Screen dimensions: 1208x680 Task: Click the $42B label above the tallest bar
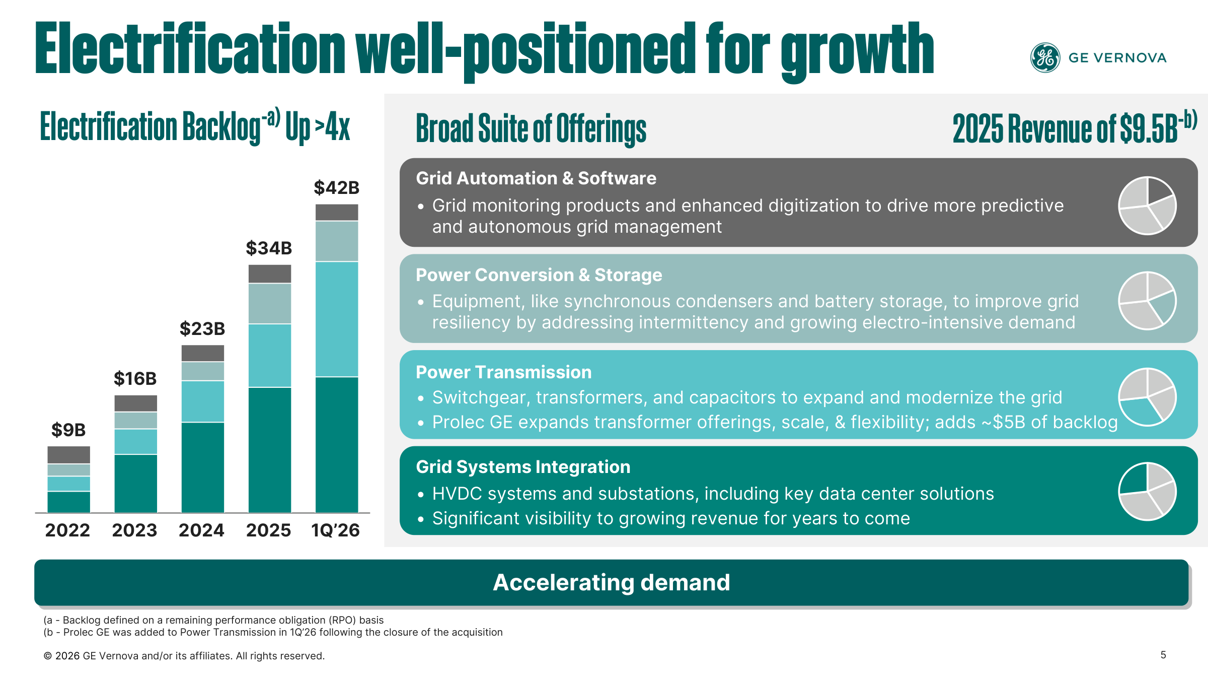pos(337,188)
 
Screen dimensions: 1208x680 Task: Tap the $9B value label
pos(68,430)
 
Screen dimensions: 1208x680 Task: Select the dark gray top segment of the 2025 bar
pos(270,274)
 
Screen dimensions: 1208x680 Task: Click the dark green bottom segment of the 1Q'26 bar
pos(337,445)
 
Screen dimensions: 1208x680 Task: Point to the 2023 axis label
pos(134,530)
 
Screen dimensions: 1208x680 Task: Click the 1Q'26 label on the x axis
pos(336,530)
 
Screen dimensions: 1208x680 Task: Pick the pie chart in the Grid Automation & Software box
pos(1147,205)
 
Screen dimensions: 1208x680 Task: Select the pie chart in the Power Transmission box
pos(1147,397)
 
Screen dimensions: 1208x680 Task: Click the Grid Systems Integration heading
pos(523,467)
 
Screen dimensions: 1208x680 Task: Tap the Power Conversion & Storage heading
pos(539,275)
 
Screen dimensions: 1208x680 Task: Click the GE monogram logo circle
pos(1045,57)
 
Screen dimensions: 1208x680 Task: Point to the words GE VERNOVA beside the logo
pos(1117,58)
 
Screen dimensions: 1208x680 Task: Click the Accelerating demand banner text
pos(612,582)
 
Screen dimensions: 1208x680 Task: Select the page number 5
pos(1163,655)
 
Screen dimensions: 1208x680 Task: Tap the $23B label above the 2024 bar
pos(202,329)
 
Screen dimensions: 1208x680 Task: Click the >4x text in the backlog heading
pos(332,127)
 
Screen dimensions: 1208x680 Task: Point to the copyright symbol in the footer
pos(48,656)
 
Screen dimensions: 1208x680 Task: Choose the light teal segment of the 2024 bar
pos(203,401)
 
